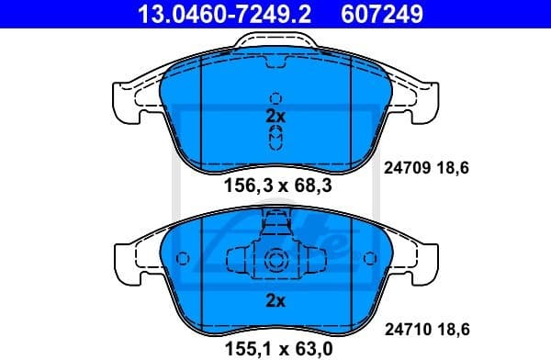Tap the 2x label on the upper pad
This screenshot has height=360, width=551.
pos(275,117)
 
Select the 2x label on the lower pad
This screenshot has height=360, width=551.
pos(275,299)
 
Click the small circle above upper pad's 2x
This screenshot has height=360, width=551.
pos(275,99)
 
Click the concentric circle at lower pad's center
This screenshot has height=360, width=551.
pos(275,260)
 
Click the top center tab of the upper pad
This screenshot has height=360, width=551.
pos(275,42)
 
